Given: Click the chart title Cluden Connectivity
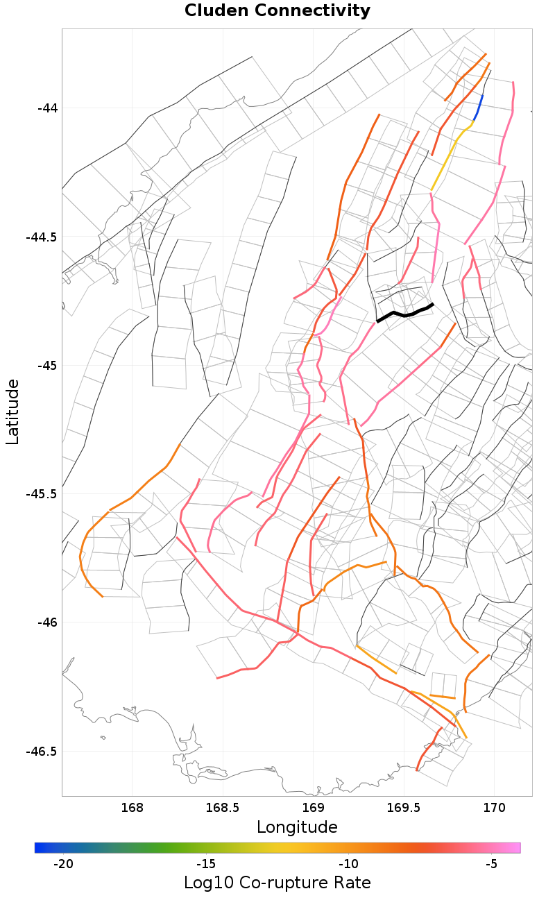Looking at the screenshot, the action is [277, 11].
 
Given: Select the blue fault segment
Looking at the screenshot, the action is [479, 108].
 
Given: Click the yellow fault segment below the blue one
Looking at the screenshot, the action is [448, 156].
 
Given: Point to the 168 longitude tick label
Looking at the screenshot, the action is [132, 808].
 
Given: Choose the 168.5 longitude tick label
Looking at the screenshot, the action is [223, 808].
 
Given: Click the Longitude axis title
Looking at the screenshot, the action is [297, 827].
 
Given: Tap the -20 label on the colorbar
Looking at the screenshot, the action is [63, 864].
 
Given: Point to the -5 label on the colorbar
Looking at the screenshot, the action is [491, 864].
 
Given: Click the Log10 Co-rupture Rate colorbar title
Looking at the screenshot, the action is [277, 883].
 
